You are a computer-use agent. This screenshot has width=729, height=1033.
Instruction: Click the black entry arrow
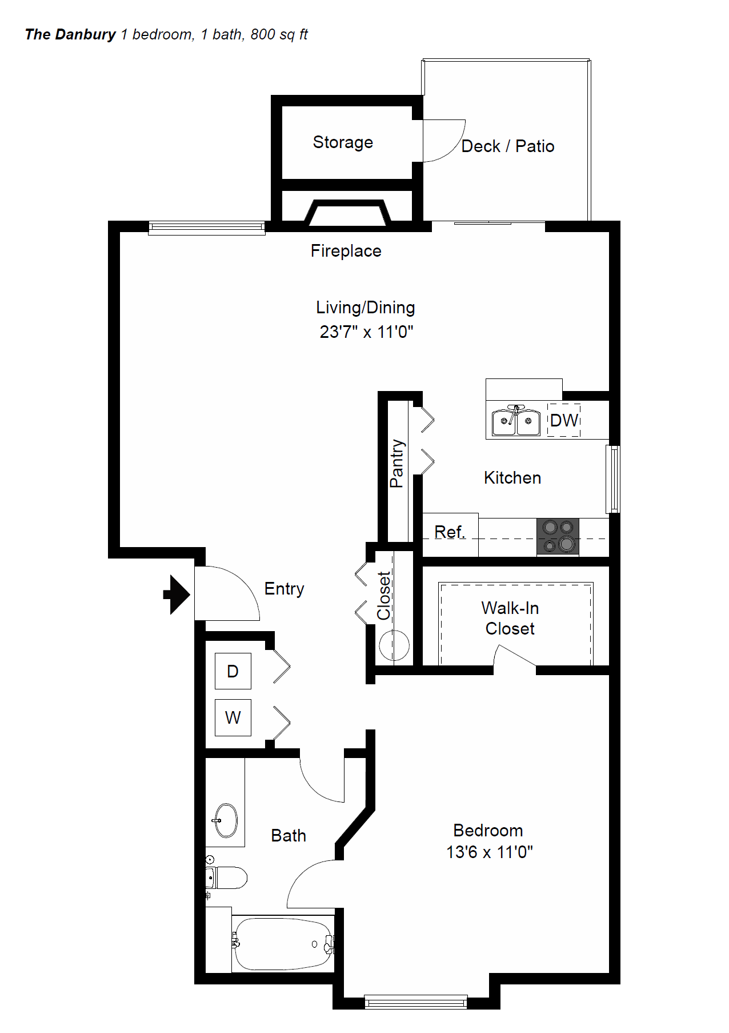coord(177,595)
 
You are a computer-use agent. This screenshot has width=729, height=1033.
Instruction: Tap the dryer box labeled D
coord(233,671)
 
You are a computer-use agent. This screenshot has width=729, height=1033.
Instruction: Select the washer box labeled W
coord(233,717)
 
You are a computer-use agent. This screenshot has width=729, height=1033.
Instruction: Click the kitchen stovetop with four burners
coord(558,536)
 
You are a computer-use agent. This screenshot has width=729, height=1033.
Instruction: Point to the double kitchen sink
coord(516,421)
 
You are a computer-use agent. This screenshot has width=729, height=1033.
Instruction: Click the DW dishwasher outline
coord(564,421)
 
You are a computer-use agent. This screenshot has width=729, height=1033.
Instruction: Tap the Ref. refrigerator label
coord(450,532)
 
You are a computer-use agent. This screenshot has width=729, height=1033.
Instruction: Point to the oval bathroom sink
coord(226,820)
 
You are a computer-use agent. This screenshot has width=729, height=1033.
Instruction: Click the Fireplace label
coord(346,251)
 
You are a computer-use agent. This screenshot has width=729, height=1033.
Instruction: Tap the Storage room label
coord(343,142)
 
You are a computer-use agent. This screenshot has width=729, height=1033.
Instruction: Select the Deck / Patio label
coord(507,146)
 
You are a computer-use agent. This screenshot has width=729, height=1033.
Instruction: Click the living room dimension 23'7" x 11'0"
coord(366,332)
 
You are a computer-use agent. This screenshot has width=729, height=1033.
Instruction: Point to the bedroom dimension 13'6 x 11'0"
coord(489,852)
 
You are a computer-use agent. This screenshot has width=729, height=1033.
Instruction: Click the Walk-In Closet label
coord(510,618)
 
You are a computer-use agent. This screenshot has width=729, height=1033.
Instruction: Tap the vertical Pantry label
coord(396,463)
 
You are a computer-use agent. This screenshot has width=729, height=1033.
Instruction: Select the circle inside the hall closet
coord(394,645)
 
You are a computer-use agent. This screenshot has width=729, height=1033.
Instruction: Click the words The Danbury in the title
coord(70,35)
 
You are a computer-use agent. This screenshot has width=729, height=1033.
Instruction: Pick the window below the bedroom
coord(416,1001)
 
